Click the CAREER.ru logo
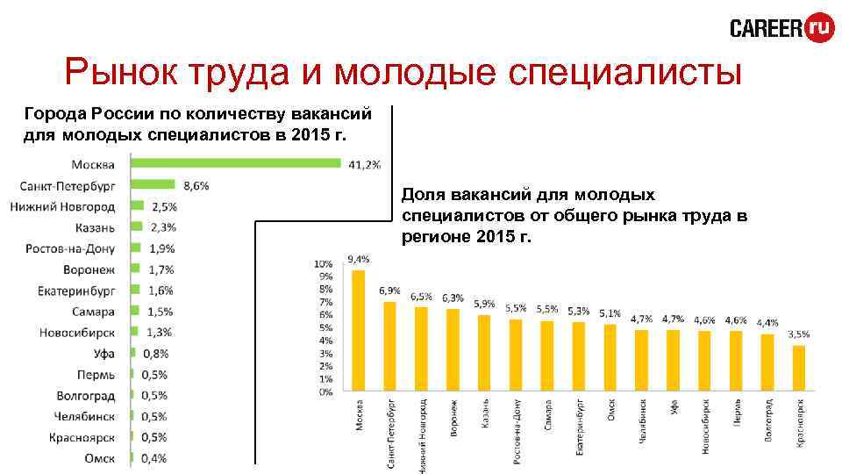click(781, 28)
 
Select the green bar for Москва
click(235, 162)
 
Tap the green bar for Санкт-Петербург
click(153, 184)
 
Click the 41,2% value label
click(364, 164)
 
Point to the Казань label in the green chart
click(95, 226)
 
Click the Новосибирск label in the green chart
click(76, 332)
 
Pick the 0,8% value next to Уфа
click(157, 354)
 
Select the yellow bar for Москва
click(358, 330)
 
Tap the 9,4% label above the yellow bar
click(359, 259)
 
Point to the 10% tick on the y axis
click(324, 263)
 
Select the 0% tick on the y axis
click(325, 392)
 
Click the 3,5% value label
click(799, 334)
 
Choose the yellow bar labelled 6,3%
click(453, 349)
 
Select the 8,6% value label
click(196, 185)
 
